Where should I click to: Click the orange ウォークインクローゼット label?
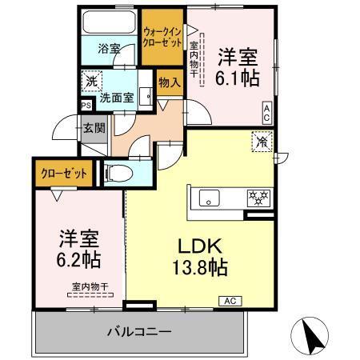[162, 37]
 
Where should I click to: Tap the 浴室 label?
[110, 49]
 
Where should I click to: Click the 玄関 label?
[94, 127]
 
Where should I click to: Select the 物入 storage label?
[169, 81]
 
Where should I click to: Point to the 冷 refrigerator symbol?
[262, 142]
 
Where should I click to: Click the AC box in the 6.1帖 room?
[266, 113]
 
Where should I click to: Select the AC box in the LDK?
[228, 302]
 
